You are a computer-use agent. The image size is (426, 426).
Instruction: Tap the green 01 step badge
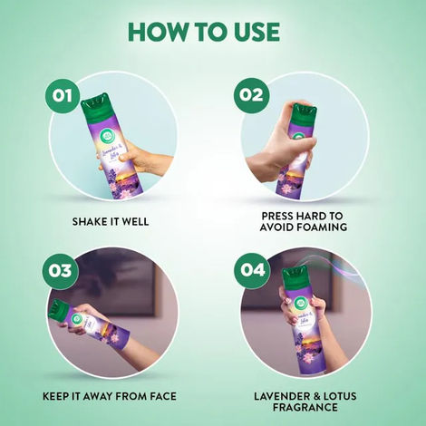click(x=61, y=95)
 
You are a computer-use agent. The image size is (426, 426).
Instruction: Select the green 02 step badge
click(x=250, y=95)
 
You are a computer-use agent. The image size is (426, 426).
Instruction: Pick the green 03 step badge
click(x=61, y=270)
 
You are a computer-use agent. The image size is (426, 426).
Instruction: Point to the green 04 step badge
click(x=250, y=270)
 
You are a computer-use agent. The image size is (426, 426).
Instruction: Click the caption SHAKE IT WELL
click(x=111, y=219)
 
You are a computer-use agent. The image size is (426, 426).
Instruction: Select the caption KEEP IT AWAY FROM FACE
click(x=111, y=396)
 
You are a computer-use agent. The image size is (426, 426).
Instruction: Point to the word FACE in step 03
click(x=161, y=396)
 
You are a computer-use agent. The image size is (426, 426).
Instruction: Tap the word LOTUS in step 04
click(x=331, y=396)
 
